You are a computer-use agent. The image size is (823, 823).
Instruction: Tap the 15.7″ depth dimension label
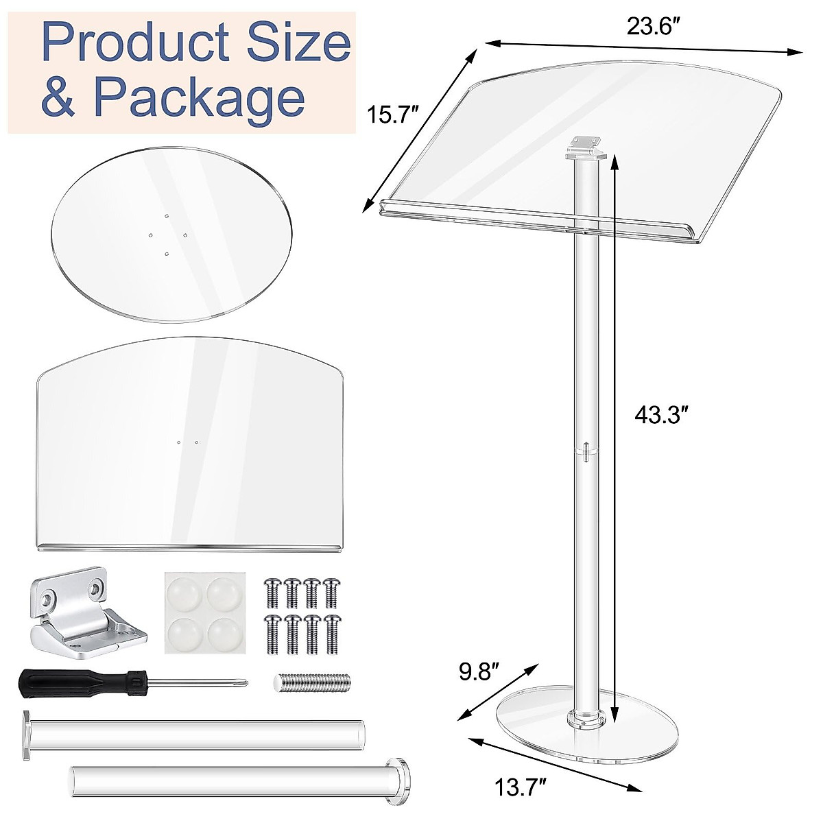pos(391,114)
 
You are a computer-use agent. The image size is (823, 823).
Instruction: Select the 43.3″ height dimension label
pos(661,416)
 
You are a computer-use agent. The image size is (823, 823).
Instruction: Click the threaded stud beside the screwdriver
pos(313,682)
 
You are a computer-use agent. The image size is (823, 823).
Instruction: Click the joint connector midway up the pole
pos(585,451)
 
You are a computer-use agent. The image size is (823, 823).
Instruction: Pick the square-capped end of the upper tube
pos(26,735)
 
